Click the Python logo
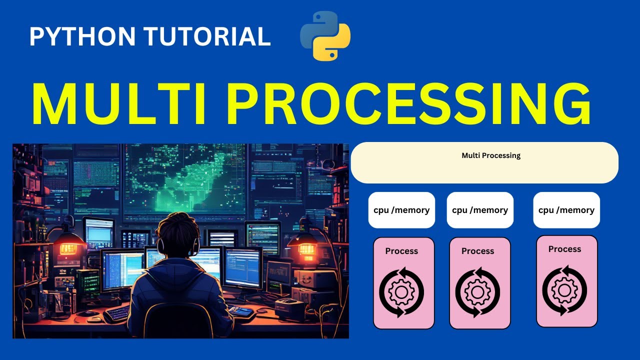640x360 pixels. pos(325,36)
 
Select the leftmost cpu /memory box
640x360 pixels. pos(401,210)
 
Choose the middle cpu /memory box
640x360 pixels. pos(480,210)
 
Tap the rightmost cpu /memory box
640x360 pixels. pos(566,210)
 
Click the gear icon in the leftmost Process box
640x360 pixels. pos(401,292)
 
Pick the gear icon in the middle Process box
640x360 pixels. pos(477,292)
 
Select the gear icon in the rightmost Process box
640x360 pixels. pos(564,290)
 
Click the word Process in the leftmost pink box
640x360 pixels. pos(401,251)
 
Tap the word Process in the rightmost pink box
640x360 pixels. pos(564,249)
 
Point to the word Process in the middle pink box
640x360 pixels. pos(477,251)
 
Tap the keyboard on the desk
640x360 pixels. pos(117,314)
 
